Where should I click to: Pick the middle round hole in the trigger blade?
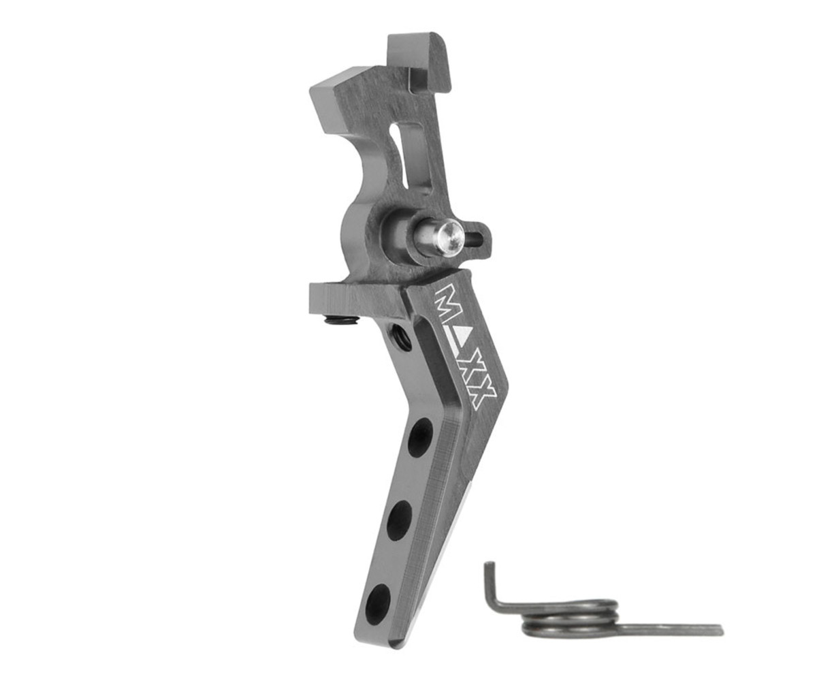click(x=400, y=520)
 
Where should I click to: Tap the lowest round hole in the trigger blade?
click(x=379, y=597)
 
